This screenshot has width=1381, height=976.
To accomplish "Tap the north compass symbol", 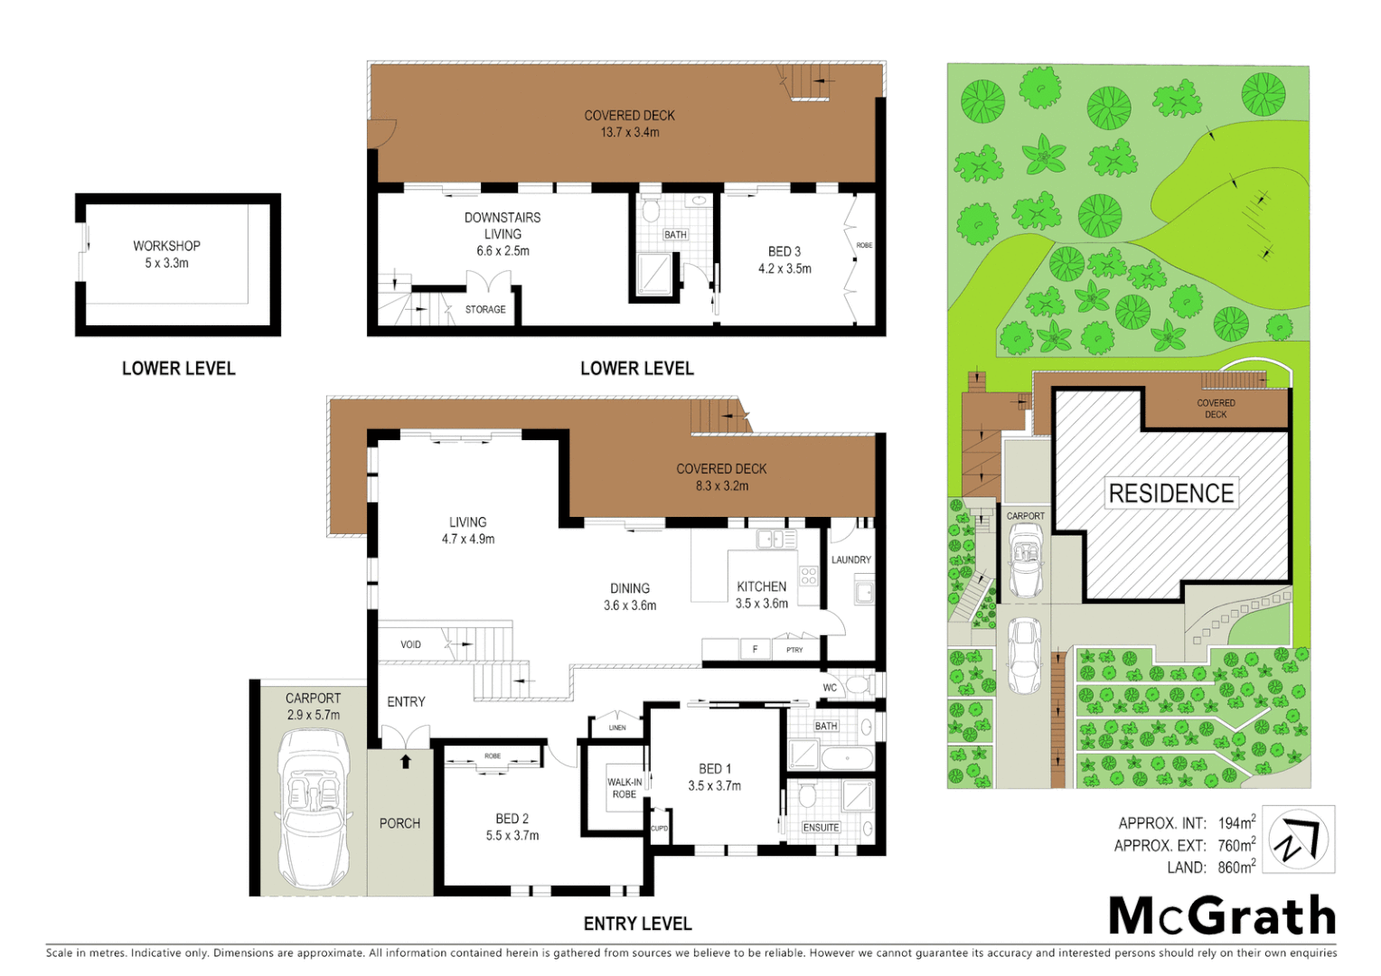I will point(1298,840).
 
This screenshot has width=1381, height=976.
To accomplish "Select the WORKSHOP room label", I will point(166,246).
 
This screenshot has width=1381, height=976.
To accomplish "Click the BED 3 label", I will point(784,251).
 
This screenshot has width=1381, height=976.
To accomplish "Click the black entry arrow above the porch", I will point(406,762).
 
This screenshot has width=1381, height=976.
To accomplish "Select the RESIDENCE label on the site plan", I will point(1171,493).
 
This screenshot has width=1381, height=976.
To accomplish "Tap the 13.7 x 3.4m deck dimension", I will point(630,132).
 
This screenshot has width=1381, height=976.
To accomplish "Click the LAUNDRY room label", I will point(850,560).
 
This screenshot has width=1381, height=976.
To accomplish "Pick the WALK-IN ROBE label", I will point(625,788).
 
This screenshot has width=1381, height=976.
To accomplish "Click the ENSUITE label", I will point(821,827).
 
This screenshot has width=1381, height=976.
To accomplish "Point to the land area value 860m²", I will point(1235,868).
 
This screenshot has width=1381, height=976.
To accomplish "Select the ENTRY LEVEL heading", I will point(637,924).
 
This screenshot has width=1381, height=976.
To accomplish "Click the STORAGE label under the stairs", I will point(485,310).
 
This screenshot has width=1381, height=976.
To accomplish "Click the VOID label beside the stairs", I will point(410,644).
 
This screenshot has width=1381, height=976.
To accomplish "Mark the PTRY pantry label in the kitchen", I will point(794,650).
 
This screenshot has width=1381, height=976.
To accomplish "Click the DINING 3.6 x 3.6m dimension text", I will point(630,605).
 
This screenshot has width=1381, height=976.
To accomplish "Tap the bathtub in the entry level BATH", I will point(847,756).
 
